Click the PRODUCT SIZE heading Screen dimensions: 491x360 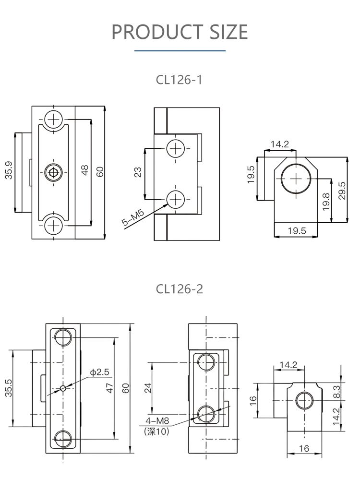click(x=180, y=32)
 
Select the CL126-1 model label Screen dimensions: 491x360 click(x=180, y=80)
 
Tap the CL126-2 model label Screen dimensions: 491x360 click(x=180, y=289)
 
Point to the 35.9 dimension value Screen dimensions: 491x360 click(x=9, y=170)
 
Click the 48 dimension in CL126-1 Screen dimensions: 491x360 click(x=85, y=170)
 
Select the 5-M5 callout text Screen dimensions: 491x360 click(x=132, y=220)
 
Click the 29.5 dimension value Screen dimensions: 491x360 click(x=342, y=190)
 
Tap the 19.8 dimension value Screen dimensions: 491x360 click(x=326, y=202)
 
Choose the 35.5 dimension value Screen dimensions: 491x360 click(x=9, y=388)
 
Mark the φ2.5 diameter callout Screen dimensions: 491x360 click(x=100, y=372)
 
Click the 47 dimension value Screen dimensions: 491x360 click(x=109, y=388)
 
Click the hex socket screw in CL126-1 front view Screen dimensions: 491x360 click(x=53, y=172)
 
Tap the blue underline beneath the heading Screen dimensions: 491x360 click(x=180, y=50)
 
